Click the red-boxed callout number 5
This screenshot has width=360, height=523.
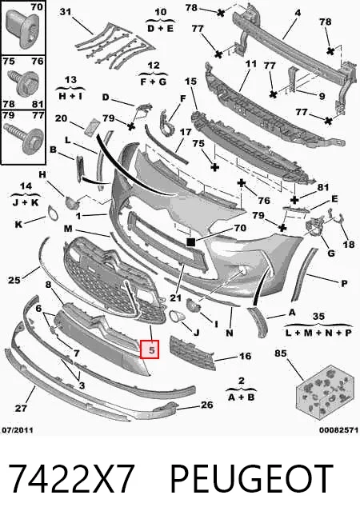[150, 349]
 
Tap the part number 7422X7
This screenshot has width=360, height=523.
[71, 479]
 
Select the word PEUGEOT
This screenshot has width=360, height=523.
[252, 479]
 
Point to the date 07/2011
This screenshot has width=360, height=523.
[18, 430]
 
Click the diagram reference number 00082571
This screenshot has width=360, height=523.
[338, 430]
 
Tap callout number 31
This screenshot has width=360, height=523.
[66, 12]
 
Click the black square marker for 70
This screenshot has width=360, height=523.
[191, 242]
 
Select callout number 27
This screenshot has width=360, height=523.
[21, 408]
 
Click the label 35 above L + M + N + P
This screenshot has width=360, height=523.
[318, 316]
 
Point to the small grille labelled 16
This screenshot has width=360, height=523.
[193, 353]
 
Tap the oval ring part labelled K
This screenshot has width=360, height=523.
[53, 214]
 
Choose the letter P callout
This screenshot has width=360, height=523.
[344, 284]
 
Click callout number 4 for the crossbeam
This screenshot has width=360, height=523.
[298, 13]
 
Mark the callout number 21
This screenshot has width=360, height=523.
[175, 297]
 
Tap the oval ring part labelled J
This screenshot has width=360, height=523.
[177, 316]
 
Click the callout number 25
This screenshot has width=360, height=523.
[14, 280]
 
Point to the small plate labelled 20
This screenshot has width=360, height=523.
[91, 127]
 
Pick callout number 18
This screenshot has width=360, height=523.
[349, 245]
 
